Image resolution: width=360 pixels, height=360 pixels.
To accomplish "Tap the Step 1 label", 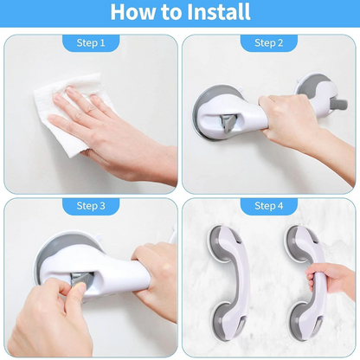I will pyautogui.click(x=91, y=42).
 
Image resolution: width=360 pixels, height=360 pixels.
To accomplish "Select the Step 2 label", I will pyautogui.click(x=268, y=42).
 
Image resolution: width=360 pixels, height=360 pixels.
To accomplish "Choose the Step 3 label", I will pyautogui.click(x=91, y=205).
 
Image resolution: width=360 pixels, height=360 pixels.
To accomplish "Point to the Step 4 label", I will pyautogui.click(x=268, y=205).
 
